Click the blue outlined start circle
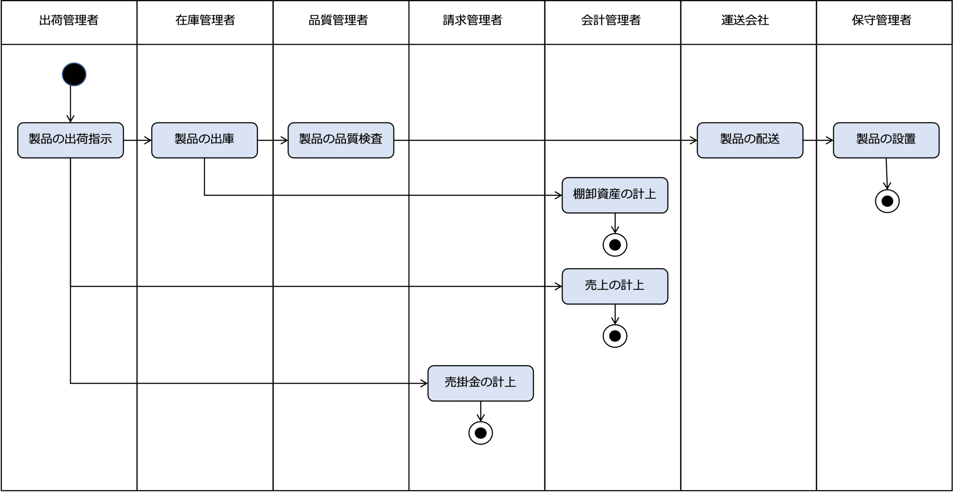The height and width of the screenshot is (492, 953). coord(74,74)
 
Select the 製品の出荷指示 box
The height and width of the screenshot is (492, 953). coord(70,140)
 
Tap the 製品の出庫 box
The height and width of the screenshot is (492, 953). coord(204,140)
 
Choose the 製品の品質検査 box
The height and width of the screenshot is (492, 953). coord(341,140)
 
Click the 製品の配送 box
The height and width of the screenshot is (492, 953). coord(750,140)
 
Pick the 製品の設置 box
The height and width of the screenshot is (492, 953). coord(886,140)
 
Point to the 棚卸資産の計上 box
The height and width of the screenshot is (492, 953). coord(615,195)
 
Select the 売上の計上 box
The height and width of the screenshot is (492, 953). coord(615,286)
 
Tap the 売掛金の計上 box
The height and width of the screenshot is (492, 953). coord(480,383)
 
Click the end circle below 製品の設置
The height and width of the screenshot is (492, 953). coord(887,201)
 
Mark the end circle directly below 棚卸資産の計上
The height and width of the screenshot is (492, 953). coord(615,245)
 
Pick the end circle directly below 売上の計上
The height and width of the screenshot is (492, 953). coord(615,336)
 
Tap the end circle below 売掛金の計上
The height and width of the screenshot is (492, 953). coord(480,433)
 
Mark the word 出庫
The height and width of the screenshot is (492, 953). coord(222,139)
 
